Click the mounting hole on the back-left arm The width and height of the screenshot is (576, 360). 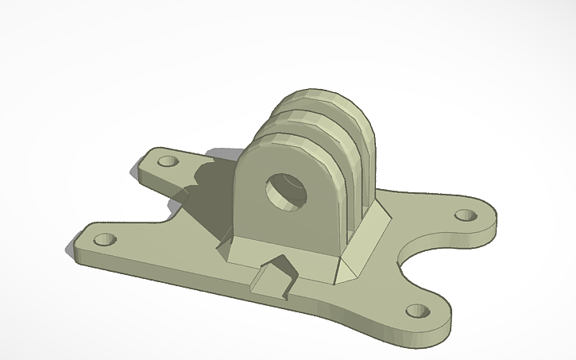click(x=168, y=161)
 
